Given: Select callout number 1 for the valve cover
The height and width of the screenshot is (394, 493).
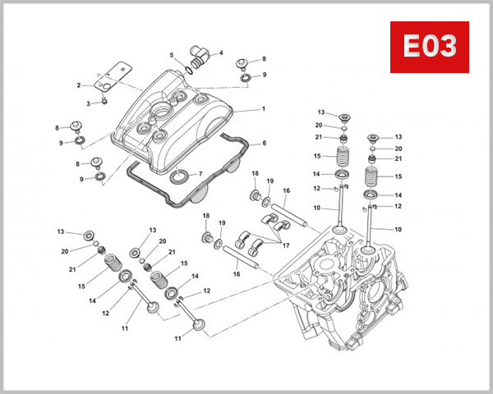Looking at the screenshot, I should click(x=264, y=108).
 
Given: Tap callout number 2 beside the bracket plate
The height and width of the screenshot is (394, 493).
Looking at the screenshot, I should click(x=79, y=85).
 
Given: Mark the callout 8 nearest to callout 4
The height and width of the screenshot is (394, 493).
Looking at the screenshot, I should click(x=264, y=59).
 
